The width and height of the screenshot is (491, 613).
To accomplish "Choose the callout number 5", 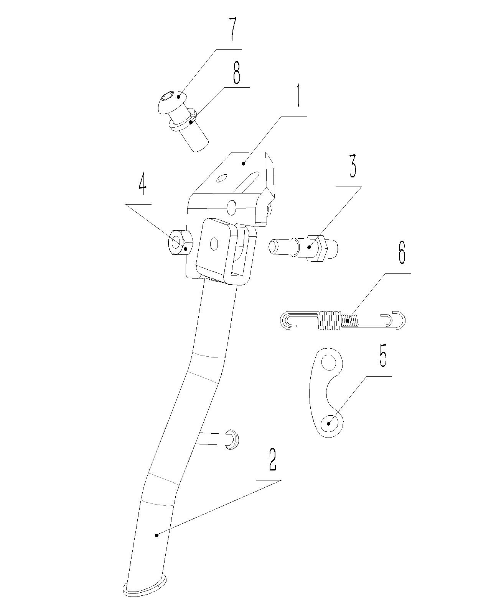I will pos(383,357).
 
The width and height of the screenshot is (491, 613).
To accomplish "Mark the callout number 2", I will pos(272,459).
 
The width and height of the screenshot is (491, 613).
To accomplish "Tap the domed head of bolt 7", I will pos(171,100).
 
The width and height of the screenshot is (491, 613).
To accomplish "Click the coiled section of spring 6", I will pos(338,320).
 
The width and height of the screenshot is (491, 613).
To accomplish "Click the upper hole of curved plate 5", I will pos(328,362).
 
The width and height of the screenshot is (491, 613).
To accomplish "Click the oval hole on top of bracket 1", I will pos(221,178).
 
